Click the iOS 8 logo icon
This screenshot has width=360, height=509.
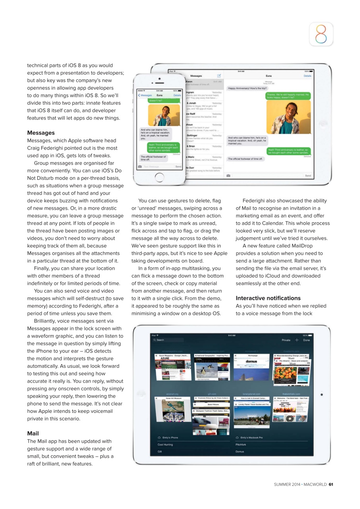(321, 34)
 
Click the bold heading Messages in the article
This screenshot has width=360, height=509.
(41, 133)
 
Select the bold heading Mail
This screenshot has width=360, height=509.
(33, 433)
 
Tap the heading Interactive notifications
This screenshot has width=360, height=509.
(268, 298)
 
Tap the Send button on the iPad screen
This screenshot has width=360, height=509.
(307, 175)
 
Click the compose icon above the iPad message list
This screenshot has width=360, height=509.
(219, 76)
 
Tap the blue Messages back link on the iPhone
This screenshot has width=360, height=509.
(145, 95)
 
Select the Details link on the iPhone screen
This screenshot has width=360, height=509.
(177, 95)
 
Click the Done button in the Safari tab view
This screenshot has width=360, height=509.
(306, 340)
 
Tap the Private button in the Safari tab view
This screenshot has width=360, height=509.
(286, 340)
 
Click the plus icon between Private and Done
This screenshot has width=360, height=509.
(297, 340)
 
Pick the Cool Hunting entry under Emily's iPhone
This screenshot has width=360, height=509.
(165, 445)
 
